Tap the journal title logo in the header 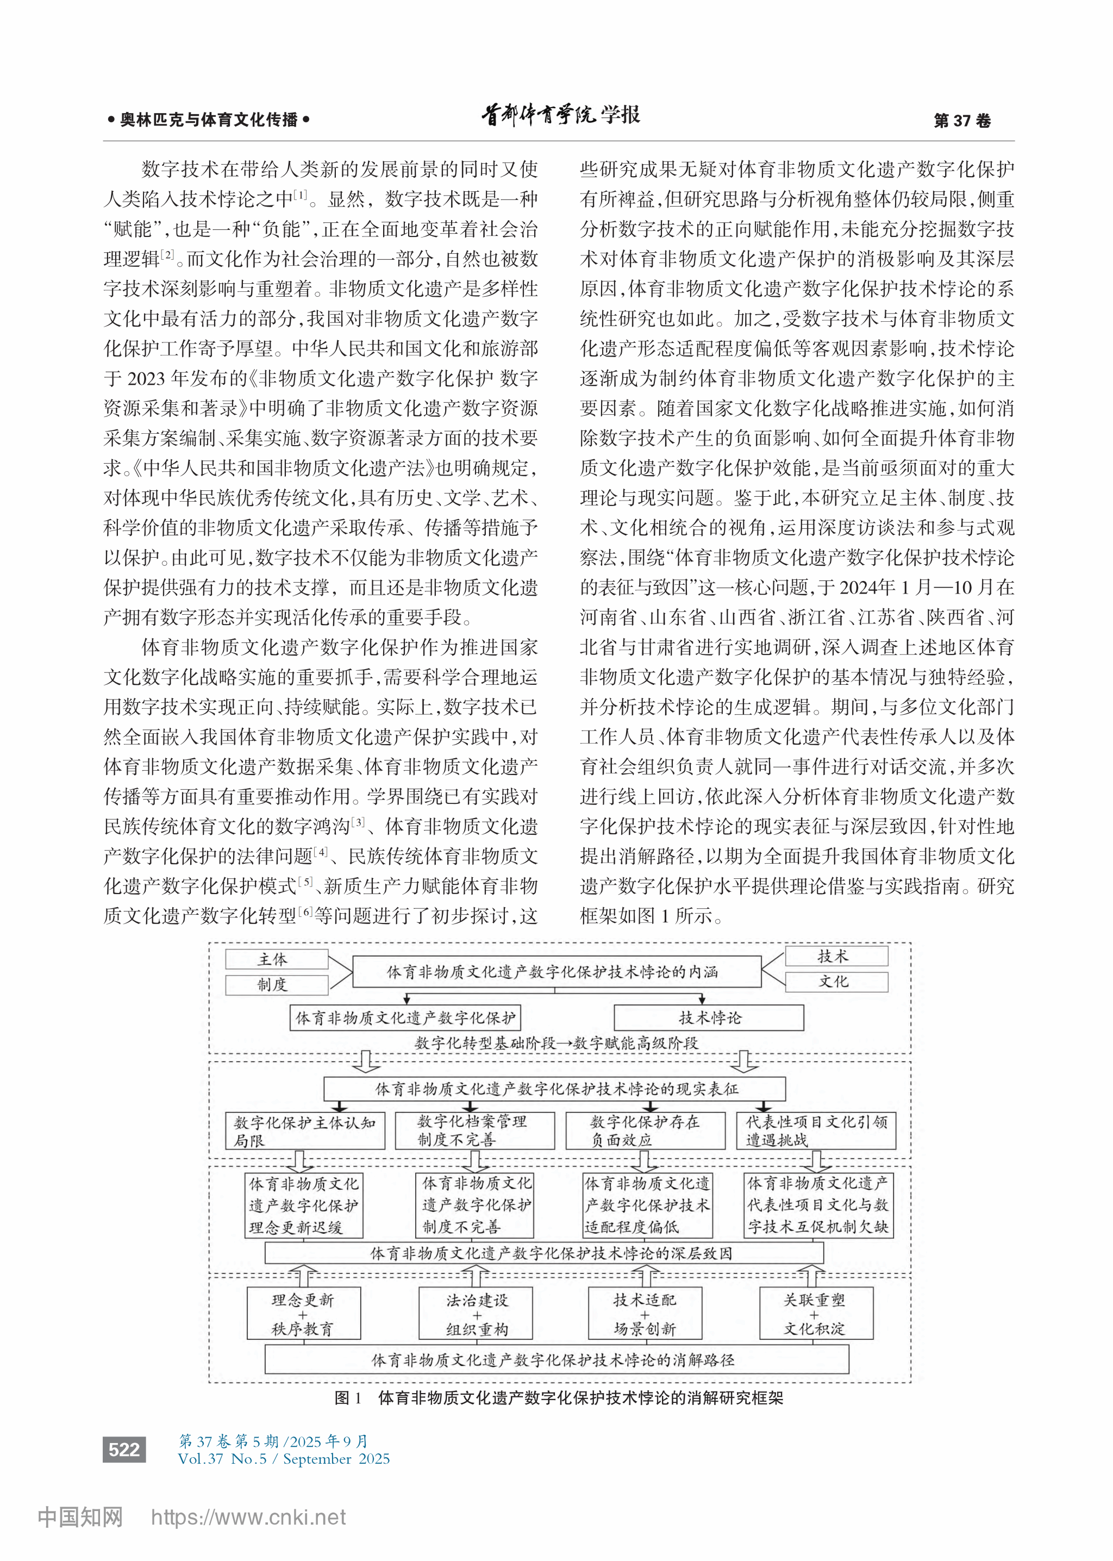561,116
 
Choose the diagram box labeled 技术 836,956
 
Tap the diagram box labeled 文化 836,981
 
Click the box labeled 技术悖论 709,1017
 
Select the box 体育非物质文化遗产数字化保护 405,1017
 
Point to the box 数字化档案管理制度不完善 474,1131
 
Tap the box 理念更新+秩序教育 304,1314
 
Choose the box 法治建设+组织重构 476,1314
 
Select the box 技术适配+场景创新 645,1314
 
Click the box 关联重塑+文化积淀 816,1314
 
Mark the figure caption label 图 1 347,1398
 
